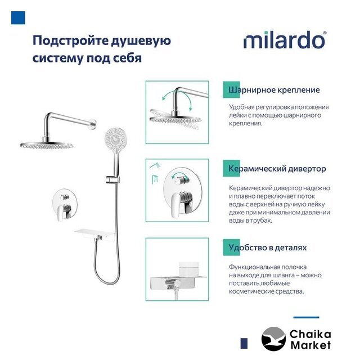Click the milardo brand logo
(285, 40)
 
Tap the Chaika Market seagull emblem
(273, 339)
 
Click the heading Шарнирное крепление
(274, 90)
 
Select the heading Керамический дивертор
(277, 169)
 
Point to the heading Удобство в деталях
(268, 247)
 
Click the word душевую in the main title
(141, 41)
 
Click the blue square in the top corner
(18, 17)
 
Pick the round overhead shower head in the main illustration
(47, 145)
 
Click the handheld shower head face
(116, 138)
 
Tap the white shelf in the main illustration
(94, 234)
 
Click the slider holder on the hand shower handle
(112, 179)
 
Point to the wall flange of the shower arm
(93, 123)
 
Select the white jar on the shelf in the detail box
(188, 269)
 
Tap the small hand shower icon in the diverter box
(155, 165)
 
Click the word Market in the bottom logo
(311, 345)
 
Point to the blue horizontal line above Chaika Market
(306, 317)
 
